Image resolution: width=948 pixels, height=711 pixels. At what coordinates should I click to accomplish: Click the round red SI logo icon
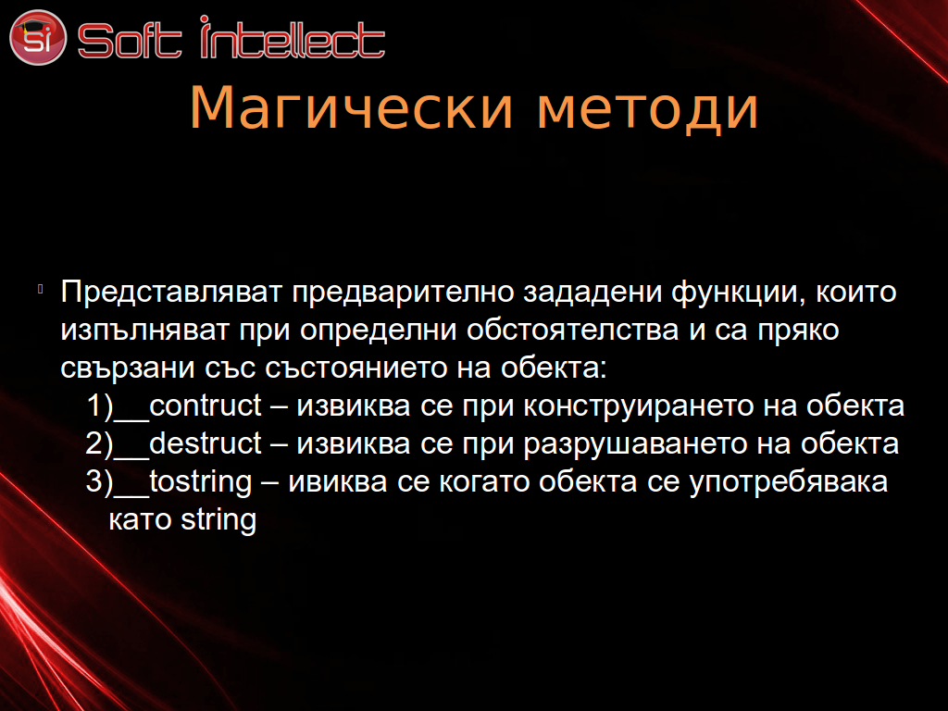[x=37, y=37]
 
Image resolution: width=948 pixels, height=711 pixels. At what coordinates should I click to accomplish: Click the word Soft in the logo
[x=130, y=40]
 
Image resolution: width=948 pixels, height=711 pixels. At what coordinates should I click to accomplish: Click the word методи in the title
[x=647, y=110]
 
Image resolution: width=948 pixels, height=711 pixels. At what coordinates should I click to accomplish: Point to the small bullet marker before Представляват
[x=40, y=289]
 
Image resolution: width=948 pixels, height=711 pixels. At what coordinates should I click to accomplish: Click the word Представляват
[x=171, y=292]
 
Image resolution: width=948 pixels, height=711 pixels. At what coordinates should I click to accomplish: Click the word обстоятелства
[x=572, y=331]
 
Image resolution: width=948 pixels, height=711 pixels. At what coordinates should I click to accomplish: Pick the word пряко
[x=798, y=331]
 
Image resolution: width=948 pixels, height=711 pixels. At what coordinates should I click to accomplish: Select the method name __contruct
[x=188, y=406]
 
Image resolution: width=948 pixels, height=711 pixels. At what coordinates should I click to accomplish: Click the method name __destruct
[x=188, y=443]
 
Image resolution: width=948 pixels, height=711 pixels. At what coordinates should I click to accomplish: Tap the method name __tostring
[x=183, y=482]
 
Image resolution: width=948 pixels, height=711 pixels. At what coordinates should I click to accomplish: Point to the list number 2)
[x=100, y=444]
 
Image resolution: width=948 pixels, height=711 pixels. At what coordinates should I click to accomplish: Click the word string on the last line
[x=218, y=520]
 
